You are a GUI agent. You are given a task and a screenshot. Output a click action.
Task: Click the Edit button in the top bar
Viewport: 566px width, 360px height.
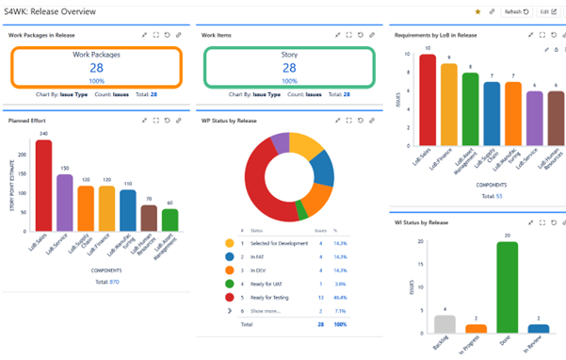548,11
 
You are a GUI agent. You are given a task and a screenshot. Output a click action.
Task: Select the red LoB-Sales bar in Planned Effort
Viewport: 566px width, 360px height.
43,185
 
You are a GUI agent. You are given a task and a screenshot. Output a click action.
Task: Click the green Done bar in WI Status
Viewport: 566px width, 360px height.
508,286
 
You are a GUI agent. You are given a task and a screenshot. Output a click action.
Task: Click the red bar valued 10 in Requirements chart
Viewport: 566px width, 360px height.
428,93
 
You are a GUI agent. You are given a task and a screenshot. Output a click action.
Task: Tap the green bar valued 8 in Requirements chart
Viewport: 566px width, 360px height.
471,103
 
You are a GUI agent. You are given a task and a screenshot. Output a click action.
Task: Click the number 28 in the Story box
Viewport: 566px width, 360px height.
289,68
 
